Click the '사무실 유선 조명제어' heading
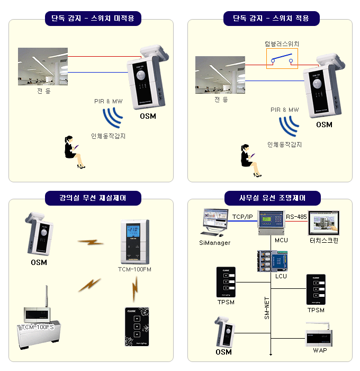click(269, 198)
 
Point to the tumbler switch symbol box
click(282, 58)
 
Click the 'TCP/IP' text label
click(242, 217)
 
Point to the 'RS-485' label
click(297, 217)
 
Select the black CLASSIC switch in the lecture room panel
click(136, 326)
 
